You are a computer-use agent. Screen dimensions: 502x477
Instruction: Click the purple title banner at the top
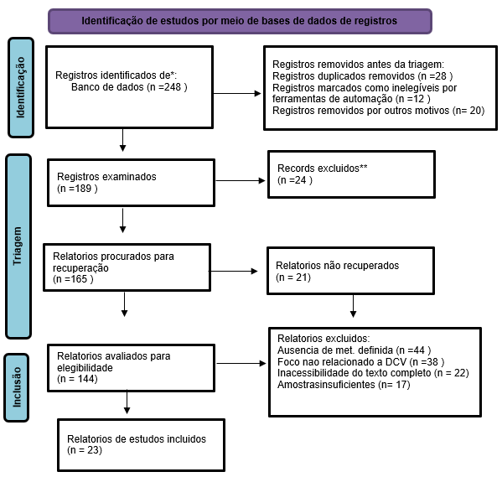240,21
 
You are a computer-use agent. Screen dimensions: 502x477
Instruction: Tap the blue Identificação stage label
21,87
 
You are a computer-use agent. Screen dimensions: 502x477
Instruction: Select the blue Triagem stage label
18,246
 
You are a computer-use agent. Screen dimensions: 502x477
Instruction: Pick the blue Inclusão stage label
16,387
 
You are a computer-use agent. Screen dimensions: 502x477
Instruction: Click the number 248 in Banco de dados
173,87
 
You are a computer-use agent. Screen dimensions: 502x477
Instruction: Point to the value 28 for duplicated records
441,76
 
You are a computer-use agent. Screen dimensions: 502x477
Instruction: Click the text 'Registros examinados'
106,177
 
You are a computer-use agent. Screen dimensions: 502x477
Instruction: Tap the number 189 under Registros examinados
83,189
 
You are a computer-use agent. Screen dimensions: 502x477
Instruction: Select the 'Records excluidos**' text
323,169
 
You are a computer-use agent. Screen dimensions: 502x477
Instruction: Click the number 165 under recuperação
79,279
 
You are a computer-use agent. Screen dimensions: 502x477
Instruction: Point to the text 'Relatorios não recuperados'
338,266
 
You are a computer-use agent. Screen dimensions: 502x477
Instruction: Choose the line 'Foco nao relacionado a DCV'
342,361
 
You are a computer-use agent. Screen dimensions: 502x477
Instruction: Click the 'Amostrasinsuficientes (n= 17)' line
344,385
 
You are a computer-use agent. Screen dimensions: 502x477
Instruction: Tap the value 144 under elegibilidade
85,379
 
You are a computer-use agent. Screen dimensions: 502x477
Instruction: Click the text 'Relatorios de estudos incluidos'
137,439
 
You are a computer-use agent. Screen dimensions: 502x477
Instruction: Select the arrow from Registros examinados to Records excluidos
241,181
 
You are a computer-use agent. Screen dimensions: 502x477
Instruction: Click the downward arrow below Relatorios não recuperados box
353,306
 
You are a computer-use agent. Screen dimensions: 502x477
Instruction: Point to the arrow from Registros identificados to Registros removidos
237,94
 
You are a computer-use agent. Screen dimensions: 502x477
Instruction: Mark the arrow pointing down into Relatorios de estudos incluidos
127,402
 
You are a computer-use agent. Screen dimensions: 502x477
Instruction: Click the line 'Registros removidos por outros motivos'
361,111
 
